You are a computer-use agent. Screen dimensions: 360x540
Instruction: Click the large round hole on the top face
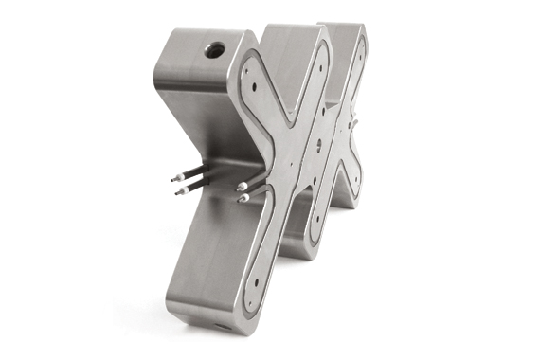214,49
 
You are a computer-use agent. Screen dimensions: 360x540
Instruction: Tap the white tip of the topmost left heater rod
173,177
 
